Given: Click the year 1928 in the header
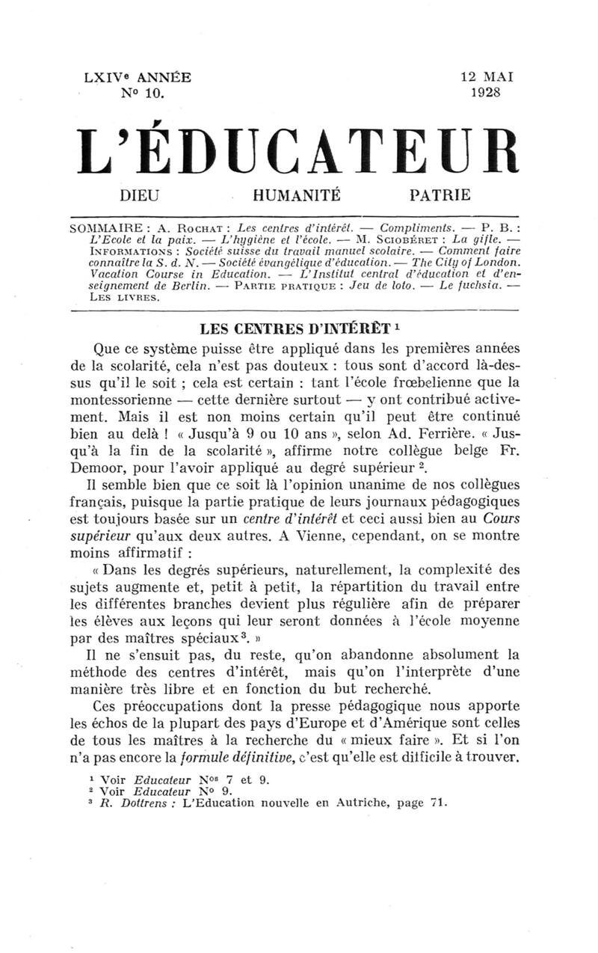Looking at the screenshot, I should click(486, 94).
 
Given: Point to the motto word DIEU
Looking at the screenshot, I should click(140, 196).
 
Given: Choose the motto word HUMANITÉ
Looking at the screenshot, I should click(298, 196).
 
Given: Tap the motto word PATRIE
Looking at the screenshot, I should click(441, 196).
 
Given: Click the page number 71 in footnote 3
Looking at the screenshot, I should click(437, 805).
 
